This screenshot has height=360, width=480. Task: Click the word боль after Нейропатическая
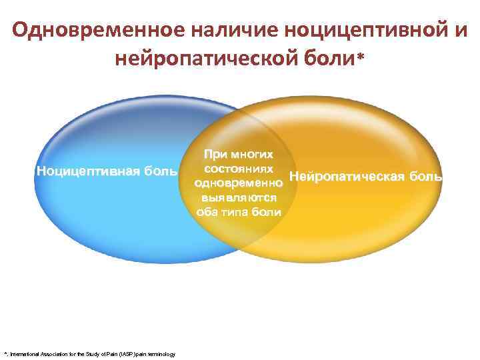425,177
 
